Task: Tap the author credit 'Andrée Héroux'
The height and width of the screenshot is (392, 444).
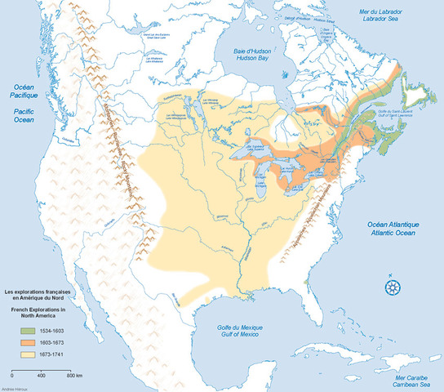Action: point(11,389)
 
